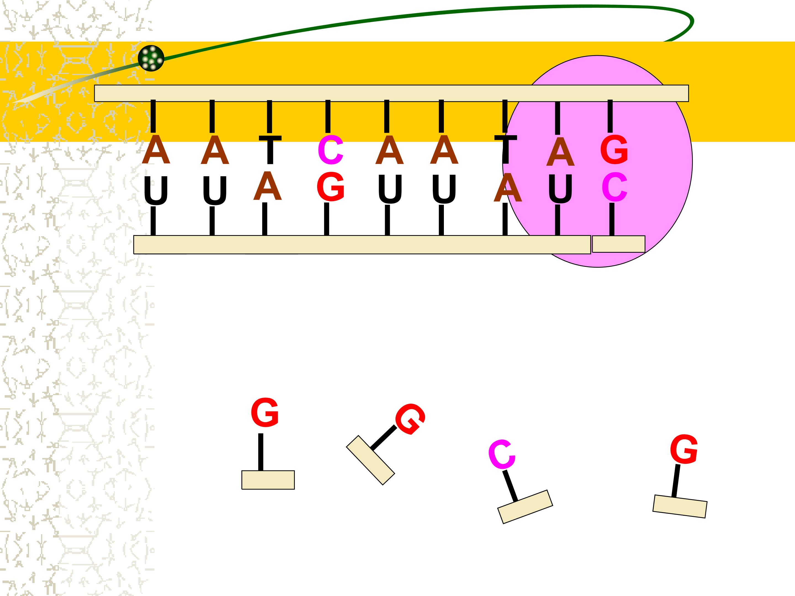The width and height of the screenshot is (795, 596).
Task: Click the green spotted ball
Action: pos(151,58)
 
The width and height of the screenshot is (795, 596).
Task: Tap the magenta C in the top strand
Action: pos(331,150)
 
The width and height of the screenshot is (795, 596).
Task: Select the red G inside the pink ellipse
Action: pos(614,150)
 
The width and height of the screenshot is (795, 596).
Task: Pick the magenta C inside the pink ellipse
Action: pos(614,187)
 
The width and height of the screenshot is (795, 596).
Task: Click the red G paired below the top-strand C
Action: pos(331,187)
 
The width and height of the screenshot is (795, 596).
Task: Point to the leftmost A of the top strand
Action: pos(156,150)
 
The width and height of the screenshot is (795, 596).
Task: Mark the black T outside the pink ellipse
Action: pos(270,150)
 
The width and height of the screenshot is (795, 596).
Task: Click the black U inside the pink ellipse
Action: pos(560,189)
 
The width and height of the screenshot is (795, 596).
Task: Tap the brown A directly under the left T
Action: pos(267,186)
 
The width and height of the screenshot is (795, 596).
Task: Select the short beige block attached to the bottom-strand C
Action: pos(619,244)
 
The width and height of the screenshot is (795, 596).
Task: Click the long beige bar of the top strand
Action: pos(391,94)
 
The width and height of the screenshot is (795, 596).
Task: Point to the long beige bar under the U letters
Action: pos(362,245)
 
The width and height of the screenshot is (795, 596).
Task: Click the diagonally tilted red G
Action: pos(410,419)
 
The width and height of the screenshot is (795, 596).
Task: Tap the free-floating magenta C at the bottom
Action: pos(502,454)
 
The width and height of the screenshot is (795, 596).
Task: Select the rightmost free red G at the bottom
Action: pos(684,449)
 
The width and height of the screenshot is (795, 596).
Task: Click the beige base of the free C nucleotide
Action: pos(525,507)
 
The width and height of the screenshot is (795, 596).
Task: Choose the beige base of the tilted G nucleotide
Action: pos(370,460)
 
